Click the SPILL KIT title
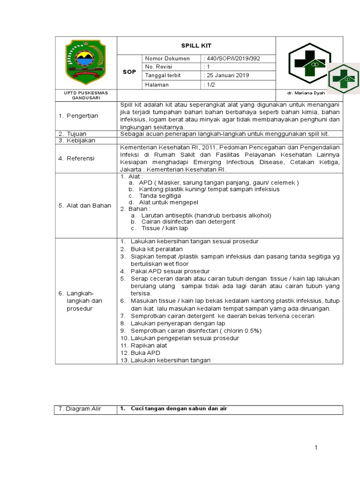tap(196, 45)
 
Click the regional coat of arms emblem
tap(85, 61)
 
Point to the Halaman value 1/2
tap(209, 84)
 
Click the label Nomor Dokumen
tap(167, 59)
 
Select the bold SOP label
tap(129, 72)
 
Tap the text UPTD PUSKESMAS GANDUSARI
tap(85, 95)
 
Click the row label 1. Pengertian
tap(78, 116)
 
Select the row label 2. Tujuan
tap(73, 134)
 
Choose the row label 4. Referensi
tap(77, 158)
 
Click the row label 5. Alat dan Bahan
tap(85, 205)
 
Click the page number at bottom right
tap(316, 448)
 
